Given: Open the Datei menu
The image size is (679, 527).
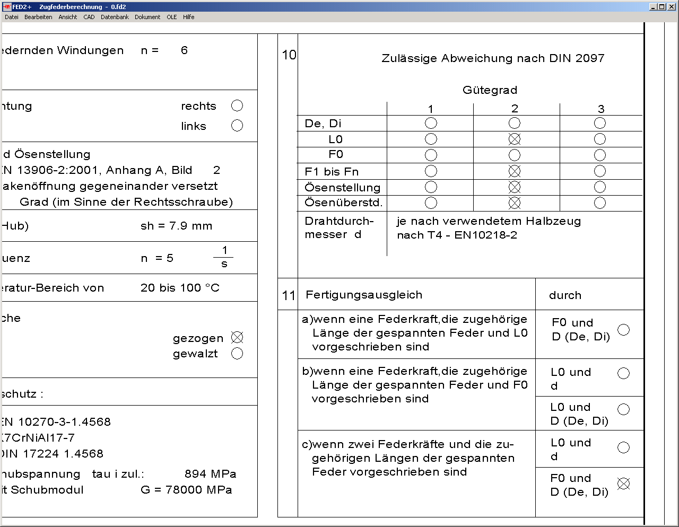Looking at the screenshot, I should point(12,17).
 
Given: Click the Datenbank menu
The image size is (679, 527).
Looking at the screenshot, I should point(115,17).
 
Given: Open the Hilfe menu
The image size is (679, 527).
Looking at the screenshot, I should point(188,17).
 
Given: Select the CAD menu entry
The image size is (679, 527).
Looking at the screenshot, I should point(89,17).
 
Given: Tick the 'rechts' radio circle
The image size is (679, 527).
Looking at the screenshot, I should point(237,106).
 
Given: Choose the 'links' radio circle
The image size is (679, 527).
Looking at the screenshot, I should point(237,126).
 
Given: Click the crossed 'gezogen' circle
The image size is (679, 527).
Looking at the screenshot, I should point(237,338).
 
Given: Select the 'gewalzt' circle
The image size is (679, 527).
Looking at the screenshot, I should point(237,354).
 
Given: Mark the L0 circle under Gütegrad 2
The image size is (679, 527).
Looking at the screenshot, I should point(515,139).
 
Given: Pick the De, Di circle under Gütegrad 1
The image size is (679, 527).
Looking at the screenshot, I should point(431,123).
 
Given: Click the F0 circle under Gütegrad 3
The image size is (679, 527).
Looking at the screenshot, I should point(600,155).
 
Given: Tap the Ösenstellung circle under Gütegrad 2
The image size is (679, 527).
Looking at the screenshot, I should point(515,187).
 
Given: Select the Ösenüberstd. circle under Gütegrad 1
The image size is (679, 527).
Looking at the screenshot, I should point(431,203).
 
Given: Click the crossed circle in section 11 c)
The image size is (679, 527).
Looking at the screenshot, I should point(624,484).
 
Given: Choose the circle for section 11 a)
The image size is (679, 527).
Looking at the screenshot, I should point(624,330).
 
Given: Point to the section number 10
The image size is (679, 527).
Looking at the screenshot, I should point(289,55).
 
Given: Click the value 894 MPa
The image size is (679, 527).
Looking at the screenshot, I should point(211,474).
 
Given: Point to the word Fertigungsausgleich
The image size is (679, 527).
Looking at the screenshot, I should point(364,295).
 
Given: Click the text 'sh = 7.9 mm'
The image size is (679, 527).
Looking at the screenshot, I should point(176,226).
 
